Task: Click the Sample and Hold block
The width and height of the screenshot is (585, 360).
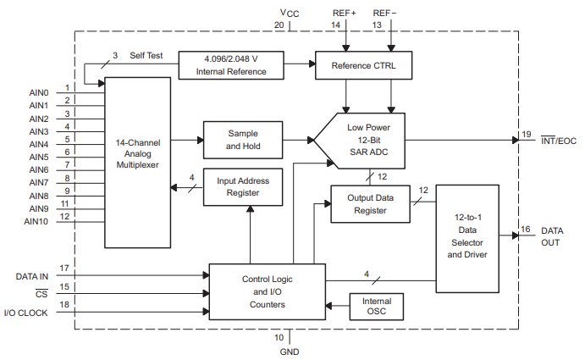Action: (242, 140)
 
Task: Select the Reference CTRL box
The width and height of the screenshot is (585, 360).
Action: (367, 65)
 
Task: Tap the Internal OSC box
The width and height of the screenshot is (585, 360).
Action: (377, 307)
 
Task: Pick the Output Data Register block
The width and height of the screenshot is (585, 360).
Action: (370, 204)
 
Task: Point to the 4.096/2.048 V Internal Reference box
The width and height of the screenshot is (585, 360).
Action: (231, 65)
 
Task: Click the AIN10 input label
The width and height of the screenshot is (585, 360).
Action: (38, 222)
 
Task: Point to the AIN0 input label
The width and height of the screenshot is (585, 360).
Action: (39, 92)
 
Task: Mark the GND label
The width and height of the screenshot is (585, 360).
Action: (290, 351)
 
